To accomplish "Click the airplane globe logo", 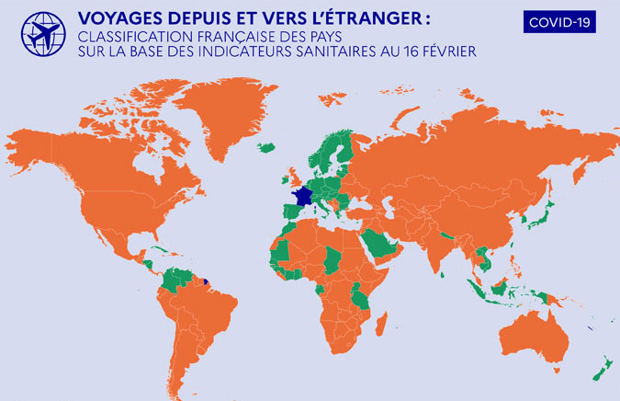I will tap(40, 36).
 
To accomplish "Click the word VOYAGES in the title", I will tap(116, 17).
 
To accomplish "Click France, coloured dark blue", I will tap(301, 197).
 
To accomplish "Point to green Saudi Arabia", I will tap(375, 243).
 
